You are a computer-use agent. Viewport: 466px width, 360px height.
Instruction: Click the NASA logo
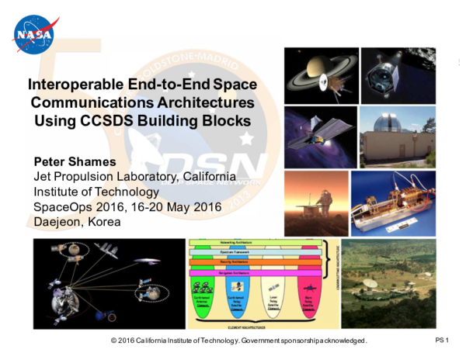pos(35,34)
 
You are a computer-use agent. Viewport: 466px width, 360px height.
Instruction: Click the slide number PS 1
pos(443,341)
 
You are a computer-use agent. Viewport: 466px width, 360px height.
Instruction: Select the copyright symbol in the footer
pos(114,341)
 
